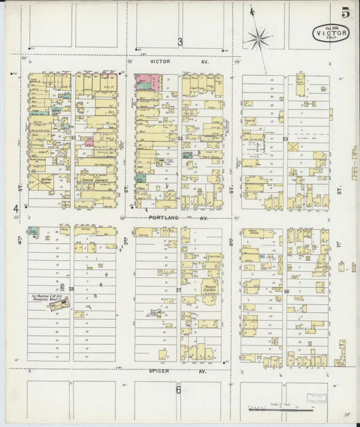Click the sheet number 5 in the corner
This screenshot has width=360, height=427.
345,12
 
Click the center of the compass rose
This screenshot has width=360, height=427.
258,39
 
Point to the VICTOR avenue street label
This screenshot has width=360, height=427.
159,61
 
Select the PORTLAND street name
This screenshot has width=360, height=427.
161,219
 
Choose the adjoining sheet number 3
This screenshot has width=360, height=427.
180,42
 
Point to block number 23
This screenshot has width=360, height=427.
285,139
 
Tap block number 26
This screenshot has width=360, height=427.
286,291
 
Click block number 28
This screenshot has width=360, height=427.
71,289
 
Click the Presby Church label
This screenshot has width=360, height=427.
209,286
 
